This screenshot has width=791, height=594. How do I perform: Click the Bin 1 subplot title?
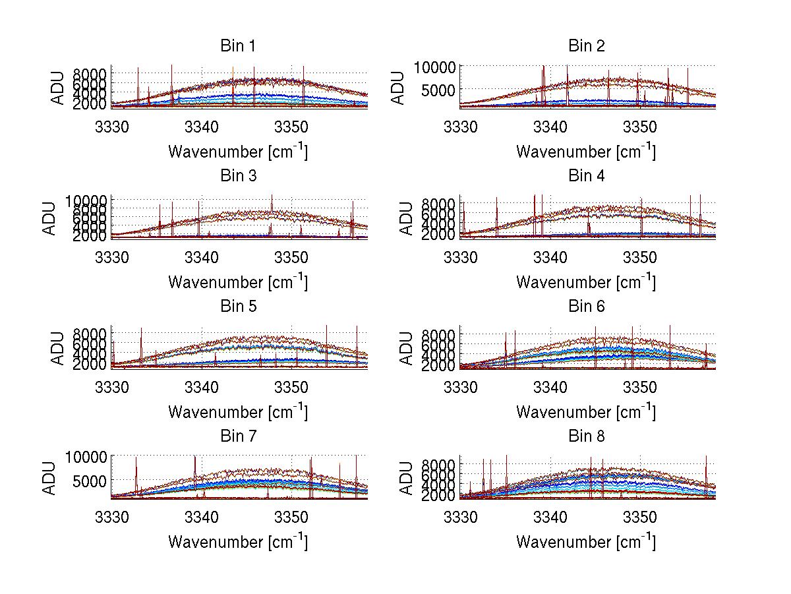(238, 46)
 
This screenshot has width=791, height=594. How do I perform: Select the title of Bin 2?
(586, 46)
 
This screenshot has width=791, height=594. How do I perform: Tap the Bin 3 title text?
(238, 176)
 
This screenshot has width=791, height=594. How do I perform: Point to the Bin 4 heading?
(586, 176)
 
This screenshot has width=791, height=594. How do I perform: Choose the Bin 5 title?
(238, 307)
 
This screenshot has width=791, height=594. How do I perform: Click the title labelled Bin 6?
(586, 307)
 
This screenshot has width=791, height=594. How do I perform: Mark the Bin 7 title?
(238, 436)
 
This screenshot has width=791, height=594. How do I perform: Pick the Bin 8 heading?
(586, 436)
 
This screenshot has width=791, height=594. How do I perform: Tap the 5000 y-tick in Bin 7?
(89, 481)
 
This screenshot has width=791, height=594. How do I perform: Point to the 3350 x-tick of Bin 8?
(639, 516)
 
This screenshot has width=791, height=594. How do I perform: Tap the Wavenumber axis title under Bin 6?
(586, 411)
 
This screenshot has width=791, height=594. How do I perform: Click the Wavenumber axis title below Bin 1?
(238, 151)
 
